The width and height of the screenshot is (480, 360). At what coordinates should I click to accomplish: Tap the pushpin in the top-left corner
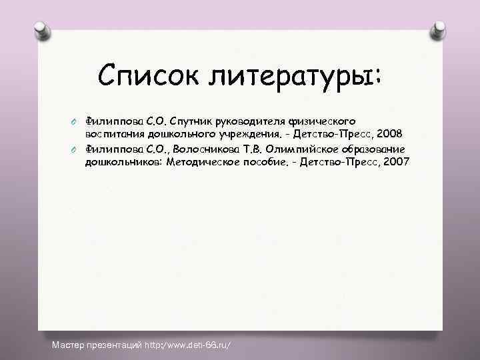40,29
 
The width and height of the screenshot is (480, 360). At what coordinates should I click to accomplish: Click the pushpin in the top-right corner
439,29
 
